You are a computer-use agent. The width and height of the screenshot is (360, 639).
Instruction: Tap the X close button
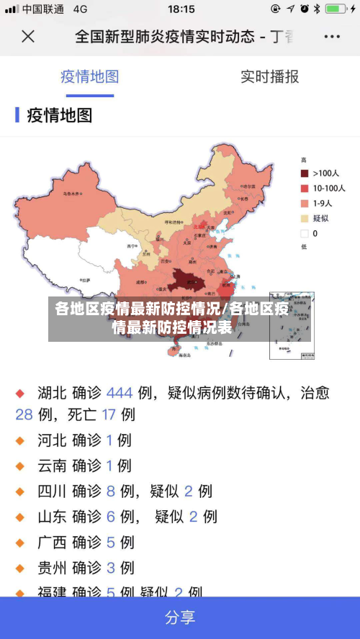click(x=28, y=36)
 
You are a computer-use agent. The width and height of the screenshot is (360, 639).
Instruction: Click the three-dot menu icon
click(x=332, y=36)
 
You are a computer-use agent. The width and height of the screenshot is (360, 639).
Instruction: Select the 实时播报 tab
click(x=269, y=77)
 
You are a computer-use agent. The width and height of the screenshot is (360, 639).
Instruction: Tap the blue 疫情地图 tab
click(x=89, y=77)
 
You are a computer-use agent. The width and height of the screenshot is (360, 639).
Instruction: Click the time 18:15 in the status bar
click(x=181, y=9)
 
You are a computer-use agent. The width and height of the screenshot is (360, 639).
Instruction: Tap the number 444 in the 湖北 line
click(x=120, y=393)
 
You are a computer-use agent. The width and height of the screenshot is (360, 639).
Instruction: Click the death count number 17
click(x=109, y=414)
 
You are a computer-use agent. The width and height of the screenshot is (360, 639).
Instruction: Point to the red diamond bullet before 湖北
click(x=20, y=394)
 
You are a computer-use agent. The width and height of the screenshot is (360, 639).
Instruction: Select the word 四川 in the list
click(x=52, y=491)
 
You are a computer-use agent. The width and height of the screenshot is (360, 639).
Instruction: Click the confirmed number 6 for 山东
click(x=110, y=517)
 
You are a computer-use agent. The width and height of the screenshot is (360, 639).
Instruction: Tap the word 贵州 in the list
click(x=52, y=567)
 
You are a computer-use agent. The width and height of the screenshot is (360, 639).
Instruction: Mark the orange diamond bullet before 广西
click(x=20, y=543)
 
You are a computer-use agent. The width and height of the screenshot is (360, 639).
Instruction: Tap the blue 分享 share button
click(x=180, y=617)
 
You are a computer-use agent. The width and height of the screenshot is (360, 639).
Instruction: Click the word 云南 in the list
click(x=52, y=466)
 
